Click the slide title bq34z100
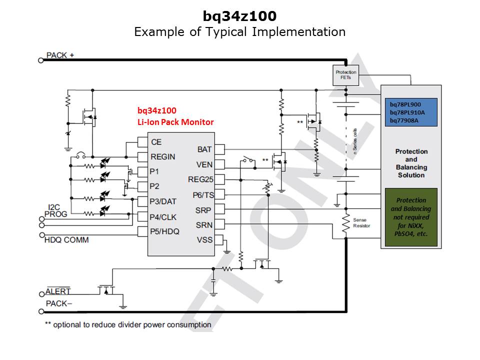[x=239, y=16]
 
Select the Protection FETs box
[x=346, y=75]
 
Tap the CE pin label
[x=156, y=142]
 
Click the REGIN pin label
[x=163, y=156]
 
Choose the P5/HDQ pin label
[x=164, y=231]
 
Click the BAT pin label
[x=204, y=149]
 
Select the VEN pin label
[x=204, y=164]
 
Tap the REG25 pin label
[x=200, y=179]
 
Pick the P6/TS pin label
[x=202, y=194]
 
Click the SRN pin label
[x=203, y=224]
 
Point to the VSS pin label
[x=204, y=239]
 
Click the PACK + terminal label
[x=60, y=55]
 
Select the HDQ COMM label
[x=66, y=240]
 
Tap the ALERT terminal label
[x=58, y=291]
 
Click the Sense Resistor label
[x=362, y=223]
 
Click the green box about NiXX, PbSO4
[x=410, y=217]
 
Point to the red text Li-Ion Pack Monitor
[x=175, y=122]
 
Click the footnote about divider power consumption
[x=128, y=324]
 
